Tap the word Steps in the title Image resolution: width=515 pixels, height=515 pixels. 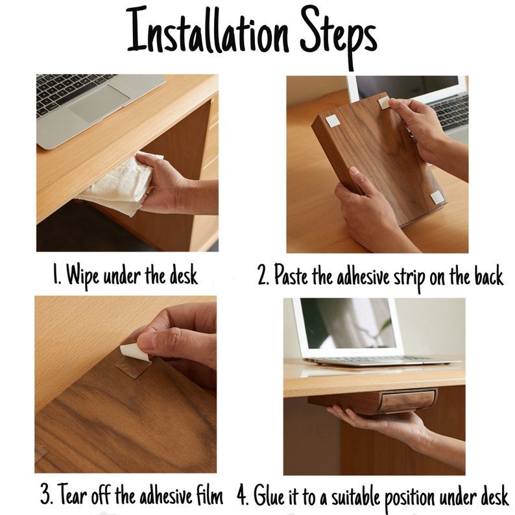point(339,37)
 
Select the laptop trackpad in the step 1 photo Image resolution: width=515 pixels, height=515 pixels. point(99,104)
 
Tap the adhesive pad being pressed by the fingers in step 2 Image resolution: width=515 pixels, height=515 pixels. point(384,103)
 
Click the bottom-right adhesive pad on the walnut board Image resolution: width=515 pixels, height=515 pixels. point(437,198)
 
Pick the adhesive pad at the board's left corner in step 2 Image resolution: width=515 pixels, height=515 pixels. point(333,121)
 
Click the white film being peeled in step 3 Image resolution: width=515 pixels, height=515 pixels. point(134,352)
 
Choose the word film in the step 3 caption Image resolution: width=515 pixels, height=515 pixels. point(210,495)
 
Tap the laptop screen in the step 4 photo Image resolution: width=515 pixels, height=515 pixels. point(348,324)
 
